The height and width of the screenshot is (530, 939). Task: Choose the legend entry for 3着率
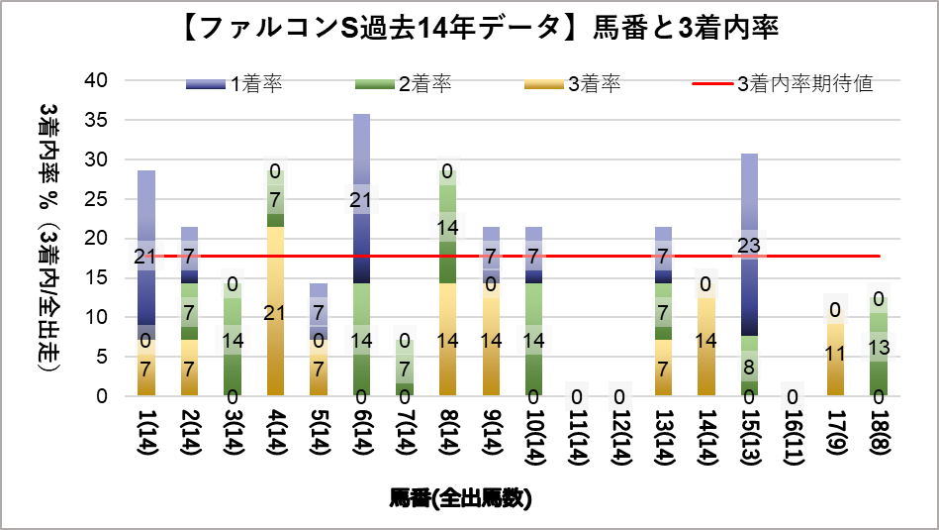[573, 84]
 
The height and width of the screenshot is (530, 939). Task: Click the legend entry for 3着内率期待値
[782, 84]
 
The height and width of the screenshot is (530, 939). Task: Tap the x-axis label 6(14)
[361, 436]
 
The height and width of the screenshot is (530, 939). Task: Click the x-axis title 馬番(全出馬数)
[460, 497]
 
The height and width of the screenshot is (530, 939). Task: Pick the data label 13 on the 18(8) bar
[879, 347]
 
